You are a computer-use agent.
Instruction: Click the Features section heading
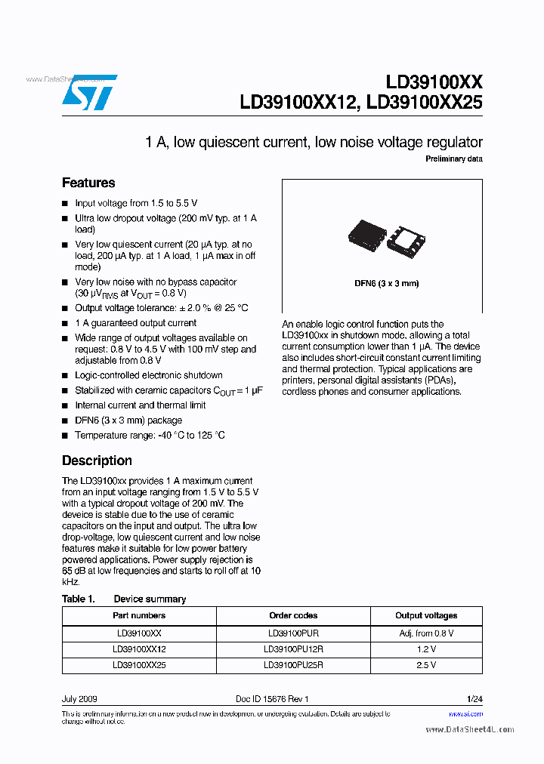pos(88,183)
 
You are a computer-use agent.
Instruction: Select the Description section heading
pos(97,461)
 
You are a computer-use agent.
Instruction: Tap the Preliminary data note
pos(453,159)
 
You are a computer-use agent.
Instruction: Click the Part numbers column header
pos(139,616)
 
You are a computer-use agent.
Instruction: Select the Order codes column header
pos(293,616)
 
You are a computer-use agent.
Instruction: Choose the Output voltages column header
pos(426,616)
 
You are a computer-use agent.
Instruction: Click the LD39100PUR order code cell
pos(293,633)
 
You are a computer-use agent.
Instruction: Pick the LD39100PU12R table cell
pos(293,649)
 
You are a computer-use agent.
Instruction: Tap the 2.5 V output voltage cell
pos(426,665)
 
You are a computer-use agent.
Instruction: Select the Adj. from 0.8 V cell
pos(426,633)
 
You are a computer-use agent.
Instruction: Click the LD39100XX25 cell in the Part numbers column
pos(139,665)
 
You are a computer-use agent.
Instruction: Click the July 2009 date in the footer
pos(79,699)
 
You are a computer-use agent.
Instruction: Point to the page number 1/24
pos(474,699)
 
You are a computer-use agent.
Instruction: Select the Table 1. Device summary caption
pos(124,599)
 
